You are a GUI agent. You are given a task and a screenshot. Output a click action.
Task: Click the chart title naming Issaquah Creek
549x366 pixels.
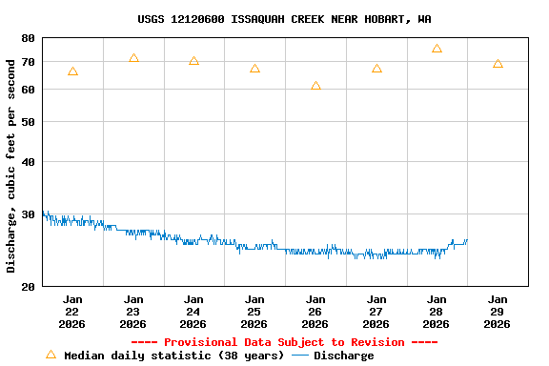pos(284,19)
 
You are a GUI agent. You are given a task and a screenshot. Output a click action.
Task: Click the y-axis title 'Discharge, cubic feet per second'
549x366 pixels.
pos(11,165)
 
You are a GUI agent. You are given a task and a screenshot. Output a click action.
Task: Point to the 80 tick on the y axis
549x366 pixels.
pos(27,38)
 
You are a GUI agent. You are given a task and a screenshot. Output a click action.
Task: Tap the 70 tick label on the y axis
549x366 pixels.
pos(27,62)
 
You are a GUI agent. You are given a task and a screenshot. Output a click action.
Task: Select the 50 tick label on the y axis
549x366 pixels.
pos(27,122)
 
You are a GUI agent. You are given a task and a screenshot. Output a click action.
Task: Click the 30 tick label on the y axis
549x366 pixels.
pos(27,214)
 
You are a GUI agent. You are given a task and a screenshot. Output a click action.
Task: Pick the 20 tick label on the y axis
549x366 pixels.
pos(27,286)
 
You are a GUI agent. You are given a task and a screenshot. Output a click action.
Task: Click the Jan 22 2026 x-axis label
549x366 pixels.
pos(72,312)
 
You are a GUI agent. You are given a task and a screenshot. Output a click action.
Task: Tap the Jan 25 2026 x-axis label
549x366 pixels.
pos(254,312)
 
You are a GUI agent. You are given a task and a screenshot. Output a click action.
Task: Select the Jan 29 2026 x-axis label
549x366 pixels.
pos(497,312)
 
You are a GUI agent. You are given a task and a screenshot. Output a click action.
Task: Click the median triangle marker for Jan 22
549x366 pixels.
pos(72,71)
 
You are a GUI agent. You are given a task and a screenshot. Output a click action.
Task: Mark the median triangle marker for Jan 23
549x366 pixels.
pos(133,58)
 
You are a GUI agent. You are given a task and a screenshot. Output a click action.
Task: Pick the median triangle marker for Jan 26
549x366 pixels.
pos(315,86)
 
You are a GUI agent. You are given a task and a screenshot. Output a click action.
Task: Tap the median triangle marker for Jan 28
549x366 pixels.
pos(437,49)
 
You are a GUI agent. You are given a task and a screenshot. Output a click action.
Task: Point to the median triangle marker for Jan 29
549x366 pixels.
pos(498,64)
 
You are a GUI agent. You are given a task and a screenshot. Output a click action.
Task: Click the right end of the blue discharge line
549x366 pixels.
pos(467,240)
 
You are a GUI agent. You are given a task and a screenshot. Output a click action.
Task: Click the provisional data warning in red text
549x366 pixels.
pos(284,342)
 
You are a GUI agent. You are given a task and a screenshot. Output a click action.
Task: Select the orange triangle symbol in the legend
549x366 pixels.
pos(51,355)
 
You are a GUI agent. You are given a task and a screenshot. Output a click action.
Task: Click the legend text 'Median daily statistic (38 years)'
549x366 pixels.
pos(173,356)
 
